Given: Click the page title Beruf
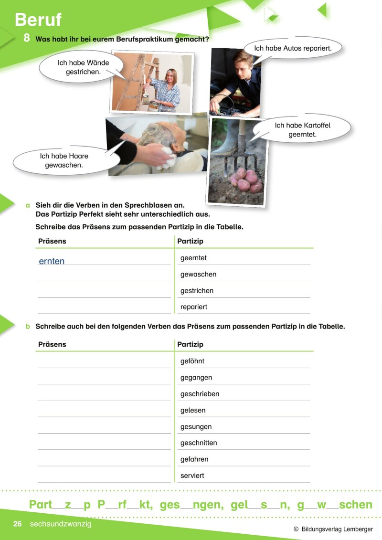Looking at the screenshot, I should click(38, 20).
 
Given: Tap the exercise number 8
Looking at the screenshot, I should click(27, 38).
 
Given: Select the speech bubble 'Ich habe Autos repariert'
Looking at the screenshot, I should click(292, 48).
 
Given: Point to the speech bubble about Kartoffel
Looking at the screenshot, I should click(302, 130).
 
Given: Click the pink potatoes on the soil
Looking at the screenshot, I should click(245, 180).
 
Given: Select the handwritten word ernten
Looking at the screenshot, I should click(52, 261).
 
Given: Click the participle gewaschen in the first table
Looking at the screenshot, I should click(198, 275).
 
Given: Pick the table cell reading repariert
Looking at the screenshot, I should click(194, 307).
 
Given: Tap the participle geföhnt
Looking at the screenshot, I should click(192, 361).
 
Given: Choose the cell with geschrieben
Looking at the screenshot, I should click(200, 394).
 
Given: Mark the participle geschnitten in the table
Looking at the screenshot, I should click(199, 443).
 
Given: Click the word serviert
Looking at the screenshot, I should click(192, 476).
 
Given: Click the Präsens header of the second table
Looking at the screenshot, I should click(52, 344).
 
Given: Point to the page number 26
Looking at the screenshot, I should click(18, 524).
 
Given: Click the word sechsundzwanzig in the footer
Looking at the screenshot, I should click(60, 524).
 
